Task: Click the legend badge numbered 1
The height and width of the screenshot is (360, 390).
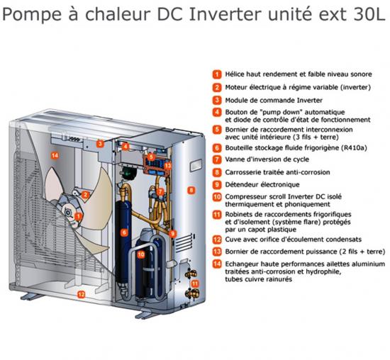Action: tap(216, 73)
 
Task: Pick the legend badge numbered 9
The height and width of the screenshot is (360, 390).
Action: tap(216, 184)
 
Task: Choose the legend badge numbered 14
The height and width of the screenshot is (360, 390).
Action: tap(216, 264)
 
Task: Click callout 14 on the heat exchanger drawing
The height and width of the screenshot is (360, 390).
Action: tap(54, 154)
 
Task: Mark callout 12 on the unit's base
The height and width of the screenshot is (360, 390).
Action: tap(81, 293)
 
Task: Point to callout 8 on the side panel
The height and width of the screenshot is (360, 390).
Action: tap(190, 191)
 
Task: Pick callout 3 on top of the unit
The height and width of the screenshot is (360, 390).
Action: tap(101, 144)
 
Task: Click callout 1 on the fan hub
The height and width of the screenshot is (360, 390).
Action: tap(79, 215)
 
